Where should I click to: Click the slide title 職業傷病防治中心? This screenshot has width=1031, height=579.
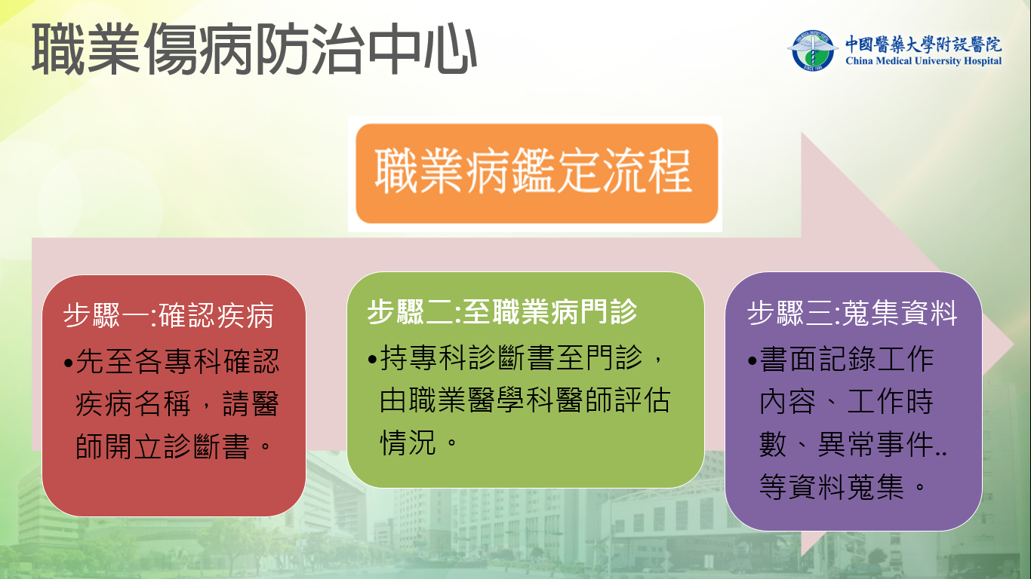254,49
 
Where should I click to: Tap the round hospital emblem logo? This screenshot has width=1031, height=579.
812,50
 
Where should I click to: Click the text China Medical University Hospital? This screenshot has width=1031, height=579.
923,61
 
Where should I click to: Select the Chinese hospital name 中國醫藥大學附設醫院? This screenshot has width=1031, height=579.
923,44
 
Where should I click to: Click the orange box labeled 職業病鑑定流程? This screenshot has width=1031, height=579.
537,173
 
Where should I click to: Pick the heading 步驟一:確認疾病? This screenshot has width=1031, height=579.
169,315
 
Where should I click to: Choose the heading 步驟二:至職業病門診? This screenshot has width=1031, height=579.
502,311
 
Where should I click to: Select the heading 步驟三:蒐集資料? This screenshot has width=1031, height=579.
852,313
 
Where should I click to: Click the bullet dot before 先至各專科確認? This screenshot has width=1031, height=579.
69,363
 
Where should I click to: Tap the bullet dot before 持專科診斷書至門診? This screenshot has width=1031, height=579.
372,359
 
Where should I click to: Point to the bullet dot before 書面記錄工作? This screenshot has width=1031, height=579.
752,360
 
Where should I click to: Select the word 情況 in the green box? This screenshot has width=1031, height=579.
408,443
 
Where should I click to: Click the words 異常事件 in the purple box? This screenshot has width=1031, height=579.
875,444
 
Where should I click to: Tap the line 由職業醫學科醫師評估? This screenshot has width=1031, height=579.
525,400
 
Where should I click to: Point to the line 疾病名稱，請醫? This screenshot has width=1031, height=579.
177,404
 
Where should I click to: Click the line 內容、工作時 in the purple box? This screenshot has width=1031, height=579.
846,402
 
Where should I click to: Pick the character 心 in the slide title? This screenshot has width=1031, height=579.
450,49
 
